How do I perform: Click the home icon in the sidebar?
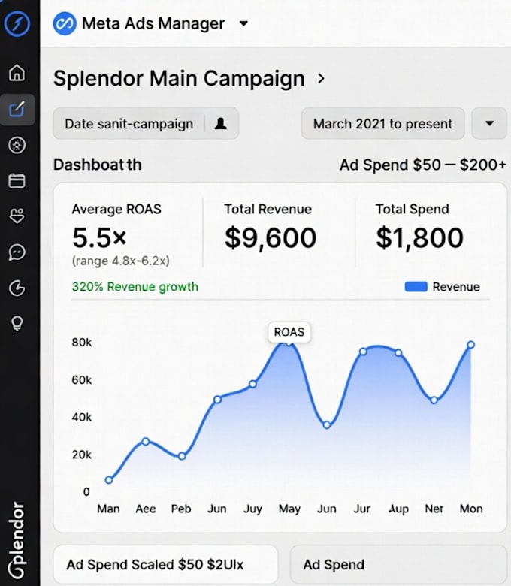pyautogui.click(x=17, y=73)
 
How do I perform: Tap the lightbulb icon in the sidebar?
pyautogui.click(x=17, y=323)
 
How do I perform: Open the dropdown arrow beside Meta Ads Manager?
pyautogui.click(x=243, y=23)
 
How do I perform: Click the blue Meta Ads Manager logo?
pyautogui.click(x=65, y=23)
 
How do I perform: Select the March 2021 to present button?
pyautogui.click(x=382, y=124)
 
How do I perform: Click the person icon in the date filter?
pyautogui.click(x=220, y=123)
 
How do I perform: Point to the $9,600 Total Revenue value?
pyautogui.click(x=271, y=237)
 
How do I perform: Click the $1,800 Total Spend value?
pyautogui.click(x=419, y=237)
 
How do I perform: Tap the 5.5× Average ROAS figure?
pyautogui.click(x=99, y=237)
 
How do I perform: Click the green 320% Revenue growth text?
pyautogui.click(x=135, y=287)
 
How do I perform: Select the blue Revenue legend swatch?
pyautogui.click(x=416, y=287)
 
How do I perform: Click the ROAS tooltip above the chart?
pyautogui.click(x=289, y=332)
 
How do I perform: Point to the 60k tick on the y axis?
pyautogui.click(x=81, y=380)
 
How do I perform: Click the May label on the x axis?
pyautogui.click(x=289, y=509)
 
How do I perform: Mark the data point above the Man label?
pyautogui.click(x=109, y=480)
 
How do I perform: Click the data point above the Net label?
pyautogui.click(x=434, y=400)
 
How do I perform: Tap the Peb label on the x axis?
pyautogui.click(x=181, y=509)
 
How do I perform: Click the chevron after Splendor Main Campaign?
pyautogui.click(x=321, y=78)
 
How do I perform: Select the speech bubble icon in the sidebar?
pyautogui.click(x=17, y=252)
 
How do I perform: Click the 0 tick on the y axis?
pyautogui.click(x=86, y=492)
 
